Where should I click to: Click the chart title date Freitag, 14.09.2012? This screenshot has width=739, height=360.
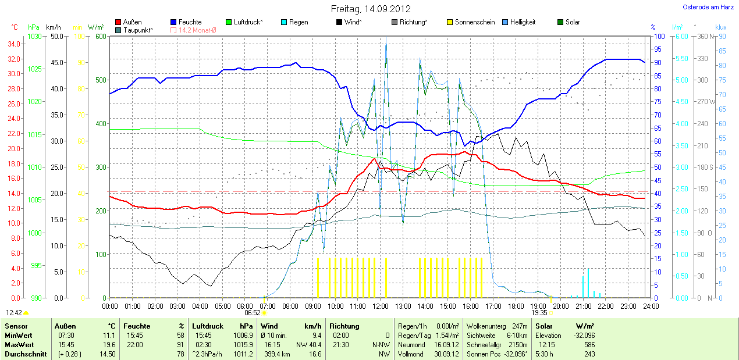(x=371, y=9)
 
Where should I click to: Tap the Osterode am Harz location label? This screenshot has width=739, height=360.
(x=708, y=7)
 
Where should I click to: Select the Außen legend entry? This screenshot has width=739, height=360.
(x=132, y=22)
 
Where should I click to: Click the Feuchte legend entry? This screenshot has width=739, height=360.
(x=190, y=22)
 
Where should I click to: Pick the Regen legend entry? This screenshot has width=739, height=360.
(x=299, y=22)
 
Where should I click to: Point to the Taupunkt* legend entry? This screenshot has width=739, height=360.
(x=138, y=30)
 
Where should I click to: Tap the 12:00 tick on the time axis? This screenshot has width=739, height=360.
(x=380, y=306)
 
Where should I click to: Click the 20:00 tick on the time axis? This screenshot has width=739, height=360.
(x=560, y=306)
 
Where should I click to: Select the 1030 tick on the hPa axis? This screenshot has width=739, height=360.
(x=34, y=36)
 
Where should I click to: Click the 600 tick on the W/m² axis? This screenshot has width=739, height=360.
(x=101, y=36)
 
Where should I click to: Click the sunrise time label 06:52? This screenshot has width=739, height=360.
(x=253, y=312)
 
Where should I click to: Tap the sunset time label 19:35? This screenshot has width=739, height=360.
(x=539, y=312)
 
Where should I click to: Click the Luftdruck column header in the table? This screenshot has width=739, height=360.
(x=207, y=326)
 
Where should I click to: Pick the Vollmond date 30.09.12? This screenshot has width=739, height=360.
(x=447, y=354)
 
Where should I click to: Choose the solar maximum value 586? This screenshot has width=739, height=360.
(x=589, y=344)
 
